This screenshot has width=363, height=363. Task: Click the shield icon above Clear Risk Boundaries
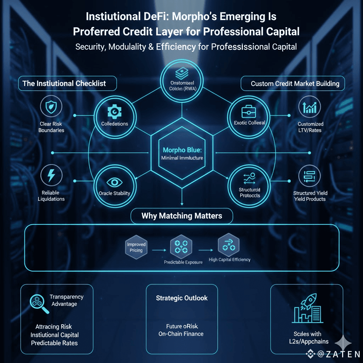click(x=52, y=106)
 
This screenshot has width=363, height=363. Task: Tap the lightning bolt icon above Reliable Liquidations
click(x=52, y=175)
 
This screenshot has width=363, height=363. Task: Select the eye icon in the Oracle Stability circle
click(x=115, y=182)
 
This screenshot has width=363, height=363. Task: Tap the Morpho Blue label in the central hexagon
click(x=182, y=150)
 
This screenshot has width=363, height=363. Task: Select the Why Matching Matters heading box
click(x=181, y=216)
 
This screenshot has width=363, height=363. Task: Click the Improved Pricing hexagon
click(x=136, y=247)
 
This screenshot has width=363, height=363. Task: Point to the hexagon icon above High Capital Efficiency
click(x=229, y=245)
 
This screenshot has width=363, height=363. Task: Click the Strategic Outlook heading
click(x=181, y=298)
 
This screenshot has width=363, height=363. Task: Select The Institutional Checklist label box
click(x=67, y=84)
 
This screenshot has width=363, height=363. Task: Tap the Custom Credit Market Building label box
click(x=295, y=84)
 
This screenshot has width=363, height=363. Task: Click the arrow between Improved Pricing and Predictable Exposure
click(x=158, y=250)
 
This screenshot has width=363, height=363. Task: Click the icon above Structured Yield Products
click(x=309, y=175)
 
